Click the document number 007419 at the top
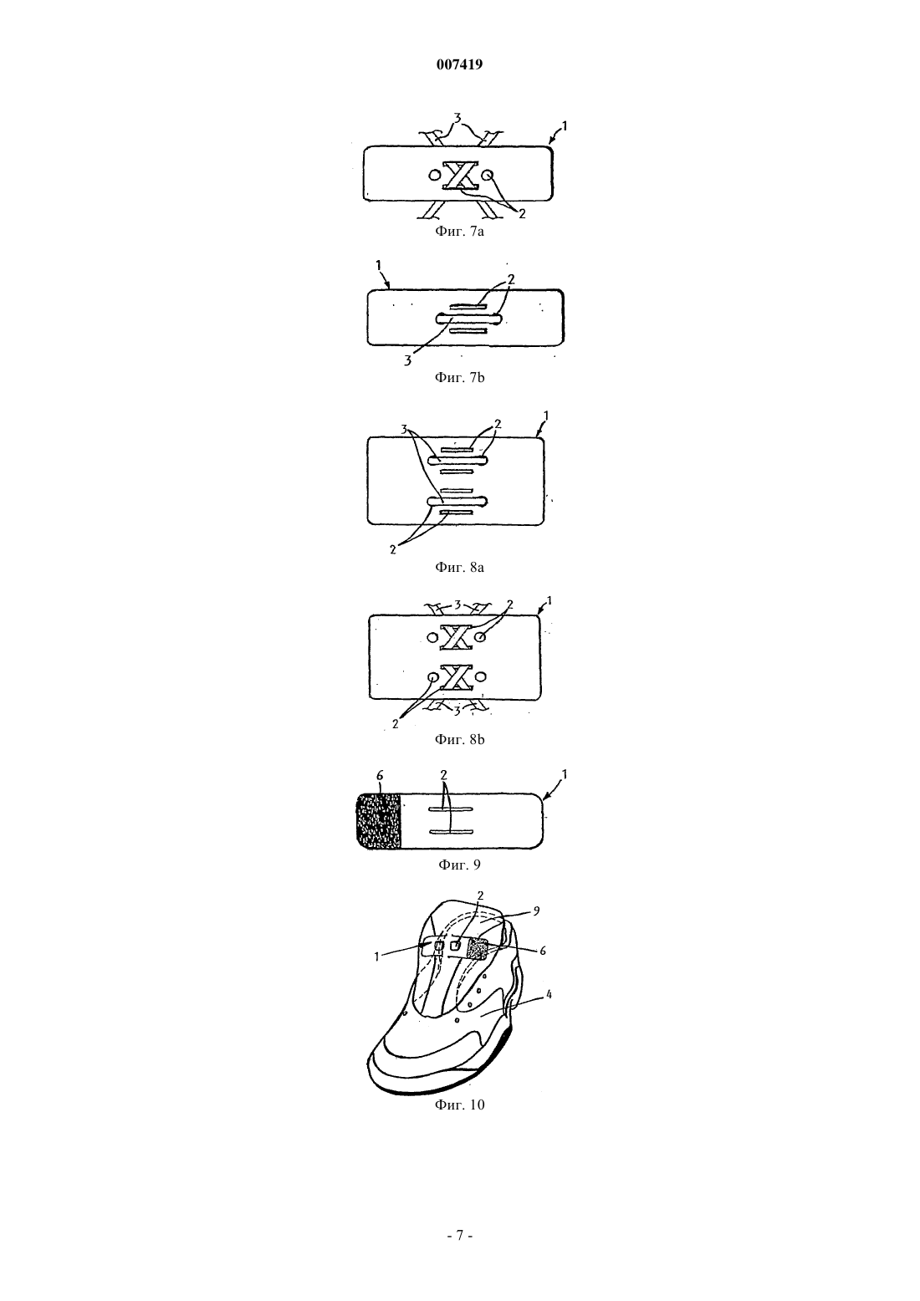click(459, 64)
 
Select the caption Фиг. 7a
click(459, 232)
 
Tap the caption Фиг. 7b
click(459, 378)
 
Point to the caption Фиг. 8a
click(459, 567)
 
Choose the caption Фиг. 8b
click(459, 739)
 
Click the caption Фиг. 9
click(459, 865)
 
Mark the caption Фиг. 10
click(459, 1105)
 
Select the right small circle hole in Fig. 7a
click(488, 174)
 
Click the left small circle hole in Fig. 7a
click(433, 174)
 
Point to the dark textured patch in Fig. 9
click(378, 821)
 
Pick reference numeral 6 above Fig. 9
click(380, 776)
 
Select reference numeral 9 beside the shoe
click(536, 911)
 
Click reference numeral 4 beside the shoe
click(549, 995)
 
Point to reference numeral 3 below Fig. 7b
click(408, 360)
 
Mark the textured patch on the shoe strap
click(478, 950)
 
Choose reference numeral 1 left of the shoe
click(376, 957)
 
